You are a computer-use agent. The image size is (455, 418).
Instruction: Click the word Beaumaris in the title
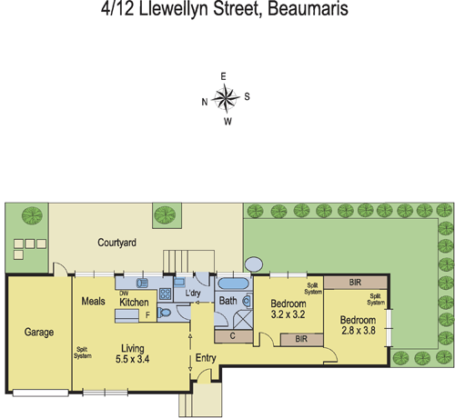[297, 12]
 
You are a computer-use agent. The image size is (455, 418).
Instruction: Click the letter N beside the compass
[204, 102]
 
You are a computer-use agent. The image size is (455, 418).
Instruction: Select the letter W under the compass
[227, 121]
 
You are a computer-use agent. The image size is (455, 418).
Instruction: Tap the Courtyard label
[117, 244]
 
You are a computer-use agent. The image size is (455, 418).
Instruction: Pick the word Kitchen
[134, 303]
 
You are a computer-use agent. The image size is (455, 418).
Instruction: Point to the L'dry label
[193, 294]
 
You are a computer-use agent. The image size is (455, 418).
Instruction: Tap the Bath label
[228, 300]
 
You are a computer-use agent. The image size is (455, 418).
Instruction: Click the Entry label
[207, 358]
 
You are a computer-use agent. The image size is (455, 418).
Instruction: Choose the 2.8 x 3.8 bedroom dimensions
[358, 332]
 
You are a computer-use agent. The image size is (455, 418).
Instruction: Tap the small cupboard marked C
[233, 336]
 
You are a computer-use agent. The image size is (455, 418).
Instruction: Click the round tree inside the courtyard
[165, 214]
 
